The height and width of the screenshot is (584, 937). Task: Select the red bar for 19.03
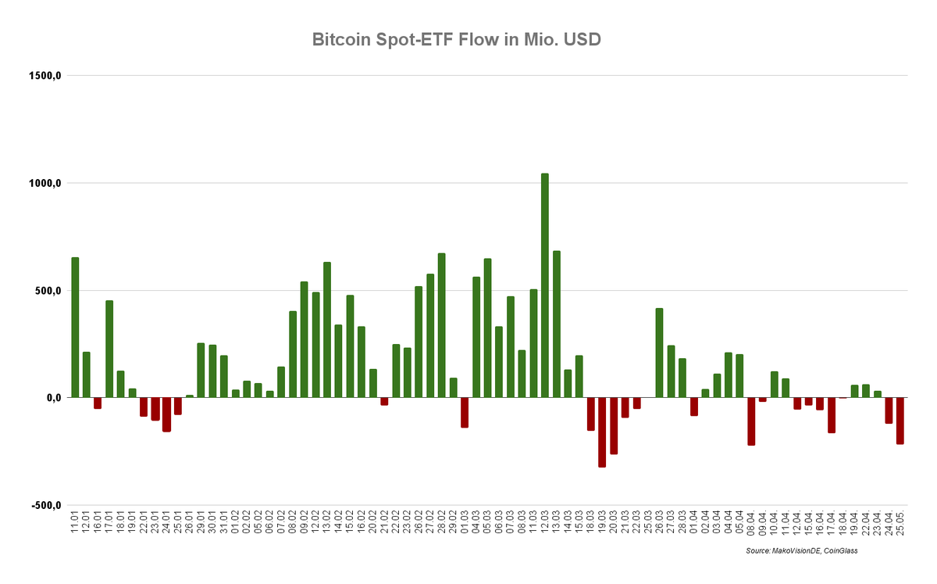click(x=602, y=432)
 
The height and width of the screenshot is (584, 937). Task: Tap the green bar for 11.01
click(x=75, y=327)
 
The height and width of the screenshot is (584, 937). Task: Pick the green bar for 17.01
click(x=109, y=349)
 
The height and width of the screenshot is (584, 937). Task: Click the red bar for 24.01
click(x=166, y=414)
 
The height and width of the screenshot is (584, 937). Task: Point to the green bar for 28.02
click(x=442, y=325)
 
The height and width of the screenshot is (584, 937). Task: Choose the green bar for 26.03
click(x=659, y=353)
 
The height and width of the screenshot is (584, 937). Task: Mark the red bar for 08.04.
click(x=751, y=421)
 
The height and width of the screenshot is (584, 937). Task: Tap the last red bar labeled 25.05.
click(x=900, y=421)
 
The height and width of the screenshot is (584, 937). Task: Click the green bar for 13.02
click(x=327, y=330)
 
